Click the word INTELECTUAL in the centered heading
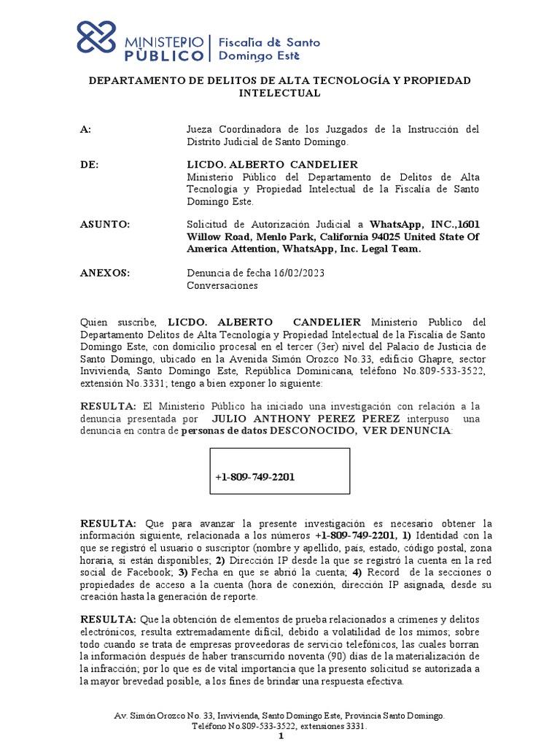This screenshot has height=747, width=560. pos(280,93)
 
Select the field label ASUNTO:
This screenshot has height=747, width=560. pos(105,224)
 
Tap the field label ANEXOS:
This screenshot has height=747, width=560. pos(105,273)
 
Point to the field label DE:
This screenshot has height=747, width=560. pos(89,165)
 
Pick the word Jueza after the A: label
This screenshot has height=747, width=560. pos(201,129)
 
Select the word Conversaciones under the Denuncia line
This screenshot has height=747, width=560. pos(222,285)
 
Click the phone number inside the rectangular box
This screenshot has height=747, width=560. pos(255,477)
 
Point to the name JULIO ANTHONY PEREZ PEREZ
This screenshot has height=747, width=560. pos(306,419)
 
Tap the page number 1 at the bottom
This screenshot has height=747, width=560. pos(281,738)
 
